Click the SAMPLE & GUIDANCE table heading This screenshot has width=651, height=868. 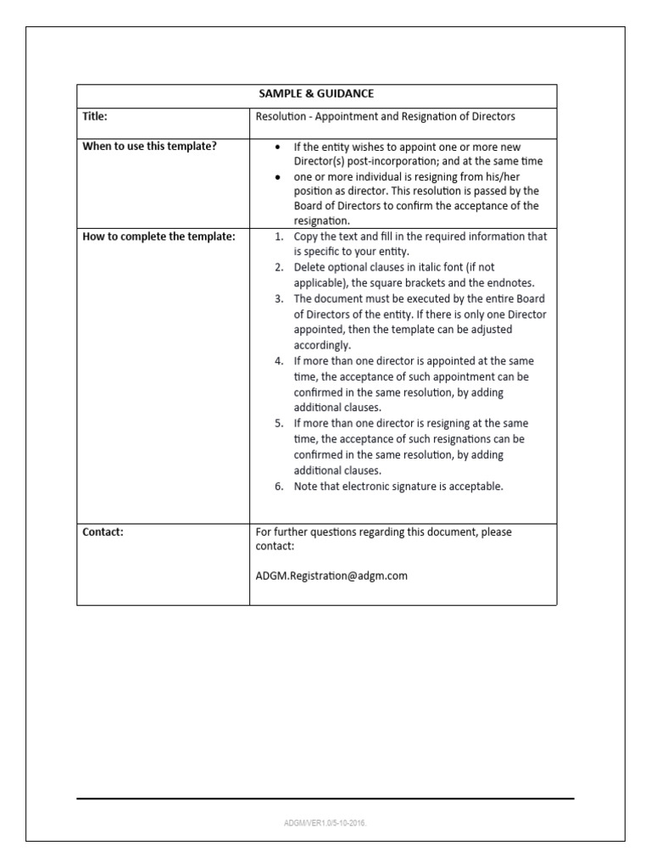pos(317,95)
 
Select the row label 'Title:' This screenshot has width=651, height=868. pos(96,116)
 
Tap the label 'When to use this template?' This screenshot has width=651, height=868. pos(149,146)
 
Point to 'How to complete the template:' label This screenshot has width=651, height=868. pos(158,236)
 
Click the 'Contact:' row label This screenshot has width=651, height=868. pos(103,531)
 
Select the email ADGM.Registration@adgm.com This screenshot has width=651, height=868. pos(331,576)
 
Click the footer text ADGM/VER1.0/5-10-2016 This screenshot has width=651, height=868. pos(325,822)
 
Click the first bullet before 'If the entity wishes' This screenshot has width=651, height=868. pos(279,147)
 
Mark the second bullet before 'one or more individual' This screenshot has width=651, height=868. pos(279,176)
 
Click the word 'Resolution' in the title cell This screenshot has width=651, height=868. pos(281,116)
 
